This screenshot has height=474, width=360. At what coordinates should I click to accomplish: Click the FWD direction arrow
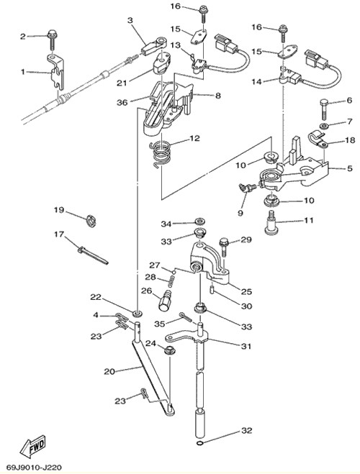tap(32, 446)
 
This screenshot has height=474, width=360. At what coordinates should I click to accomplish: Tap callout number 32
tap(246, 430)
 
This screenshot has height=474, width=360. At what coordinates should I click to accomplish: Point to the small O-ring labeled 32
tap(199, 444)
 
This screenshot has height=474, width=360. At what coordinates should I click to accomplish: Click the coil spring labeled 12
tap(161, 154)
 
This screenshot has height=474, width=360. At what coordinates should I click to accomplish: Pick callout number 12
tap(195, 138)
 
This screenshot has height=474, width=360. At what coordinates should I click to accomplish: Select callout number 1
tap(23, 72)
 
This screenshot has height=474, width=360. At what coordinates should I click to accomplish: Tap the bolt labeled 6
tap(324, 109)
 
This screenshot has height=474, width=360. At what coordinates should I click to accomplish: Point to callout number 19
tap(59, 210)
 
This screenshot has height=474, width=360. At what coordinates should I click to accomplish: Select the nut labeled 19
tap(91, 221)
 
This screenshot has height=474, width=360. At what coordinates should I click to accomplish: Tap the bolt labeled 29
tap(223, 247)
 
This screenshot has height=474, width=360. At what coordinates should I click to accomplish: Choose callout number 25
tap(246, 291)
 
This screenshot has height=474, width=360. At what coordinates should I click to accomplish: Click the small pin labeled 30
tap(212, 290)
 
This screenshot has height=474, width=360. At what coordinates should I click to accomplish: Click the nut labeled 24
tap(169, 351)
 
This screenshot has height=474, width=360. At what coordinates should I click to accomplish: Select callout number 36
tap(122, 102)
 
